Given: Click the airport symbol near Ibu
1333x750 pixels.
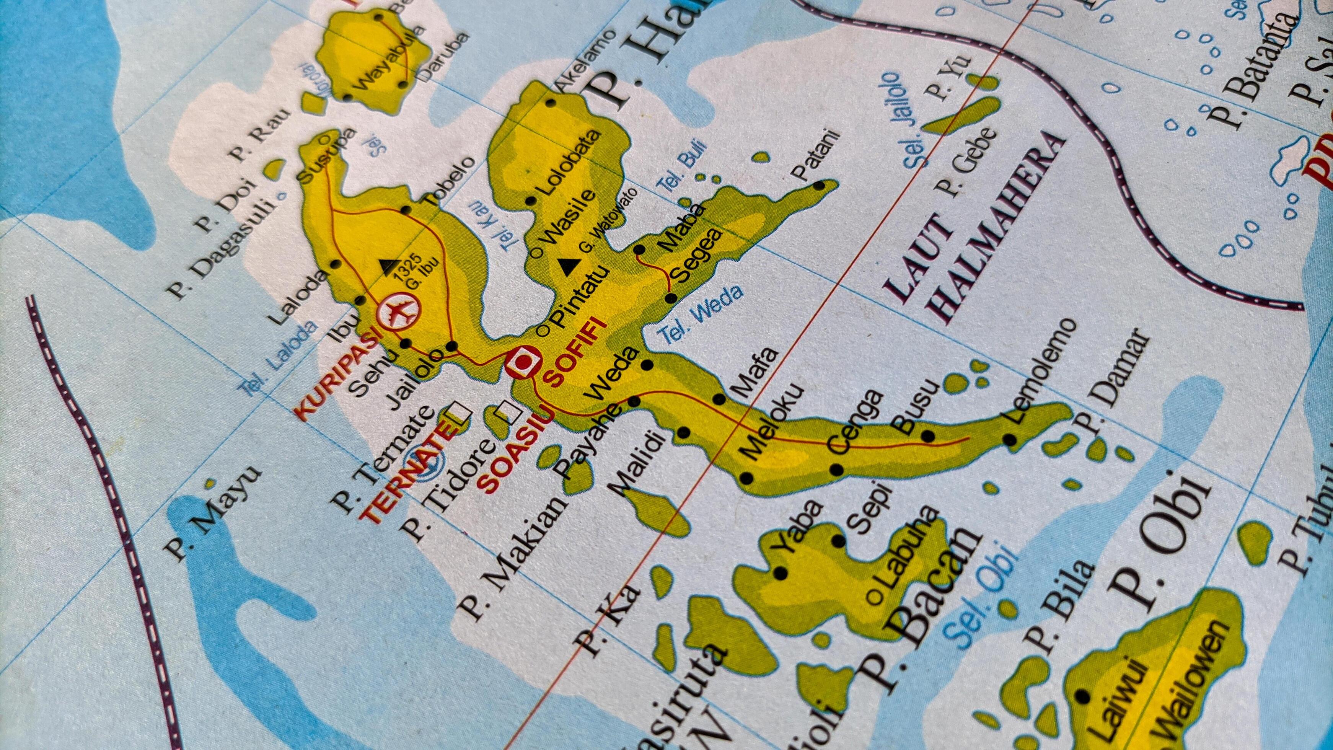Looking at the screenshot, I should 398,311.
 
